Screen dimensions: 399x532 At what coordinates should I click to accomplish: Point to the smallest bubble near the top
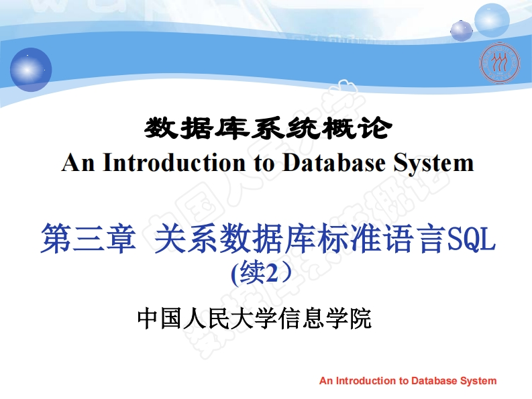tap(462, 30)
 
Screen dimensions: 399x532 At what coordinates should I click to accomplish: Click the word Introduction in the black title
tap(170, 163)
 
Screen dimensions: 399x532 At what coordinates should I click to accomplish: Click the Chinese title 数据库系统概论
tap(266, 127)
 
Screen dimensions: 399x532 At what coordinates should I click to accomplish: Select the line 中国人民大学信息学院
tap(254, 319)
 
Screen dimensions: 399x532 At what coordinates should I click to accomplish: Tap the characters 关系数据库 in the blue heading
tap(221, 239)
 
